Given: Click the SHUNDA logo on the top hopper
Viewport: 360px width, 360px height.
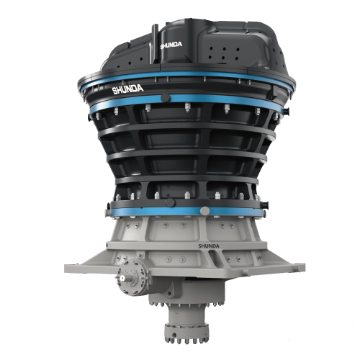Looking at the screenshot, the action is click(171, 45).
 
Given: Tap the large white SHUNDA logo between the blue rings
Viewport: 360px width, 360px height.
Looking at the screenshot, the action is click(127, 89).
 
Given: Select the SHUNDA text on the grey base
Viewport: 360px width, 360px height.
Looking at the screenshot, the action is click(209, 246).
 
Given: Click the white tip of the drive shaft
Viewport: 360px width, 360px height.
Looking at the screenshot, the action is click(122, 278).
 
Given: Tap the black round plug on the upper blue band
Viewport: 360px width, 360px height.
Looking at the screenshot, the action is click(165, 98).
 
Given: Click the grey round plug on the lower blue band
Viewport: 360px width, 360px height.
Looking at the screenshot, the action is click(204, 211).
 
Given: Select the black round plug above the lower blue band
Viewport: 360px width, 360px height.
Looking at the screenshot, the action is click(171, 202).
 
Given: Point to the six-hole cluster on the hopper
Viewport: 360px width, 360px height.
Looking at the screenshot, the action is click(224, 53).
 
